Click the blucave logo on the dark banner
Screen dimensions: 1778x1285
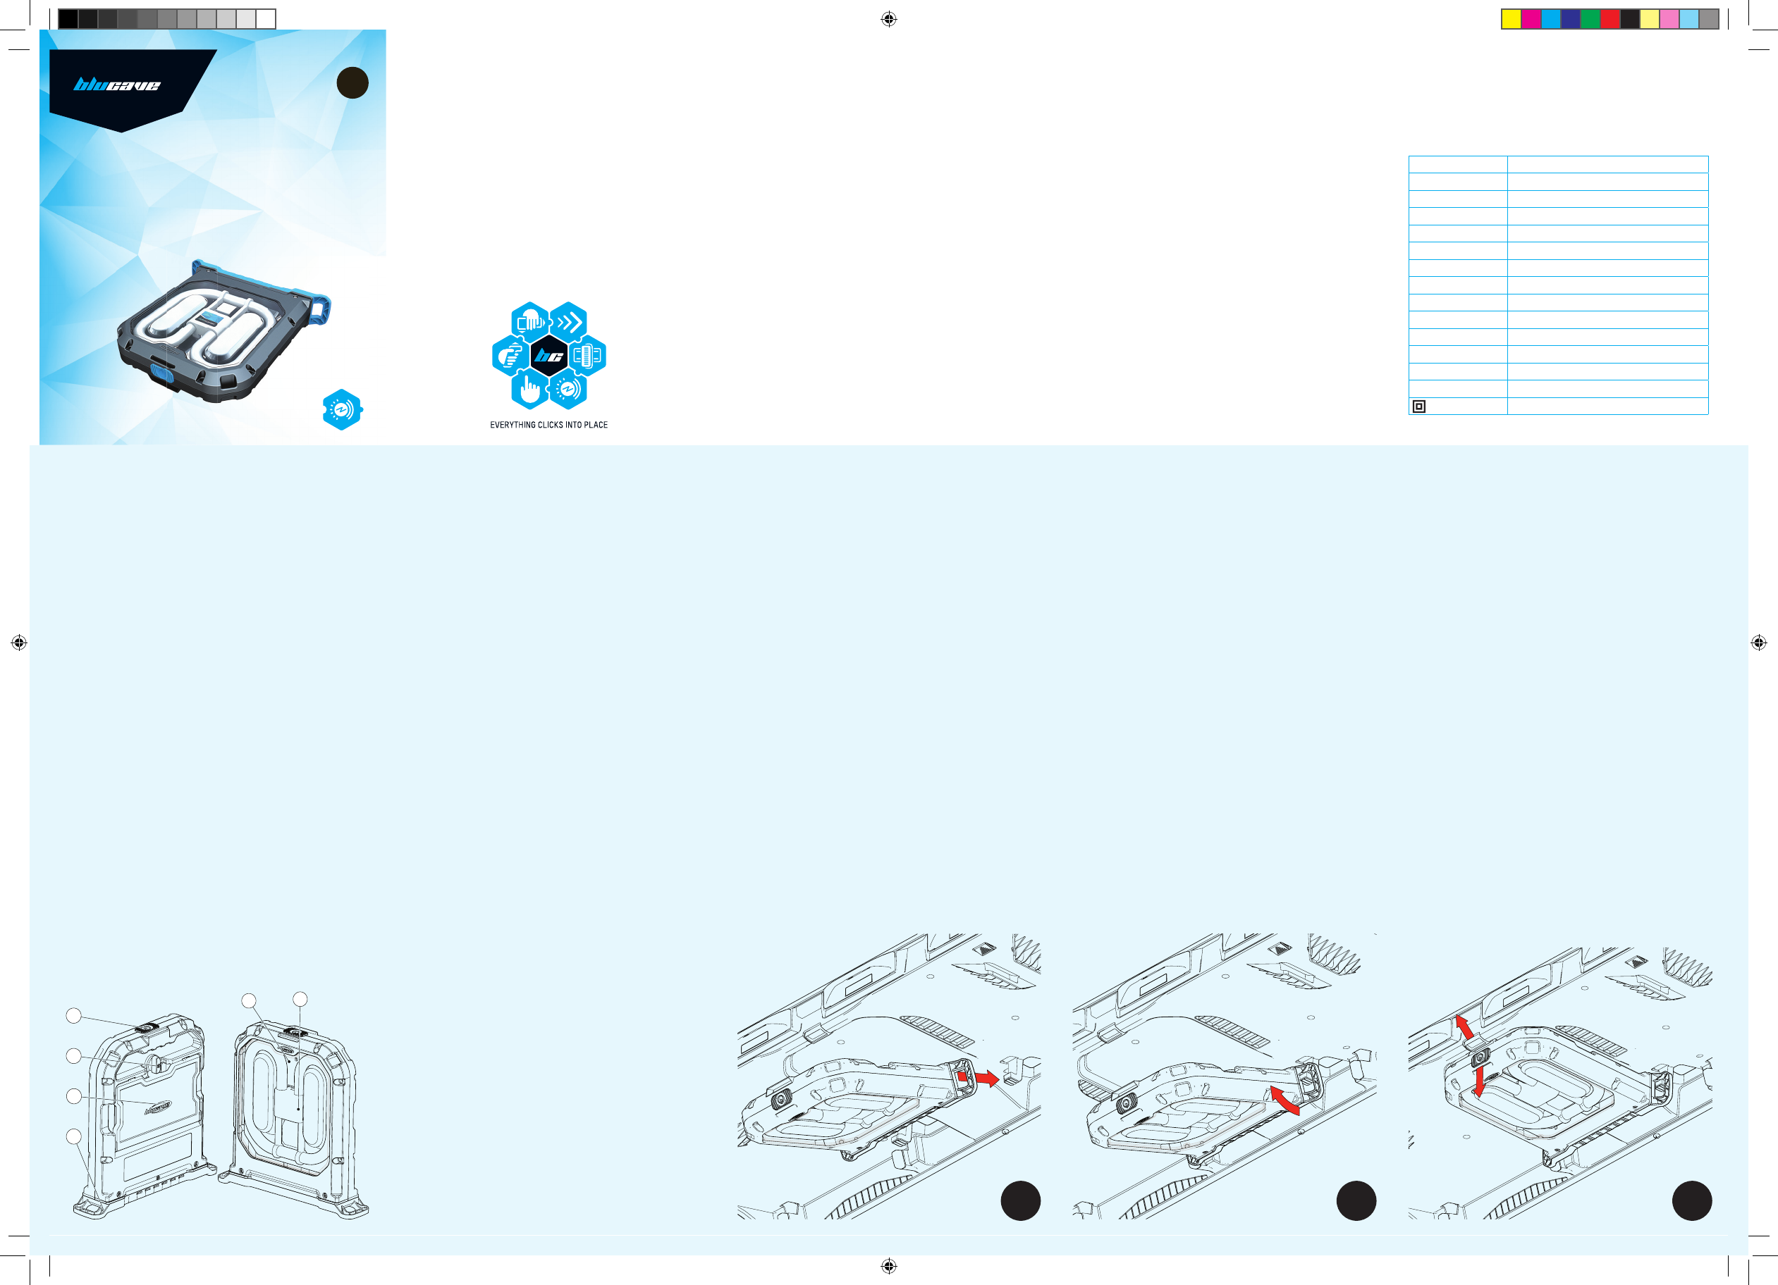[117, 85]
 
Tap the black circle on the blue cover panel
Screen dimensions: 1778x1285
[352, 83]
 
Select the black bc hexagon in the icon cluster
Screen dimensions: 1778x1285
[548, 356]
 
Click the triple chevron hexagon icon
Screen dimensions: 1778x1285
[568, 322]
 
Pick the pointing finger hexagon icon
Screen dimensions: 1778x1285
[530, 390]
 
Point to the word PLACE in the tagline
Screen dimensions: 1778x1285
[596, 425]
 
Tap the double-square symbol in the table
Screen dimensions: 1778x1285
[1418, 406]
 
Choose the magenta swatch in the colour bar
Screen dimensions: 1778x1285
[1531, 19]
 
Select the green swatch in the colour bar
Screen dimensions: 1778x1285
[1590, 19]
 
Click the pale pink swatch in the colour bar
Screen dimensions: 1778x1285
[1669, 19]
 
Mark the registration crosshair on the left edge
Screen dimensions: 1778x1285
[19, 642]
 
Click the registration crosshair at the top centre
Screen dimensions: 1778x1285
[888, 19]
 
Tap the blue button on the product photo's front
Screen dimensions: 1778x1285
[161, 371]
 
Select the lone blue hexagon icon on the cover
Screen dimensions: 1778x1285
[342, 410]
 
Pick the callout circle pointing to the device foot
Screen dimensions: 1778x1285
[74, 1136]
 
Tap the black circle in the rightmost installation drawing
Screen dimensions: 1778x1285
[1692, 1200]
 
